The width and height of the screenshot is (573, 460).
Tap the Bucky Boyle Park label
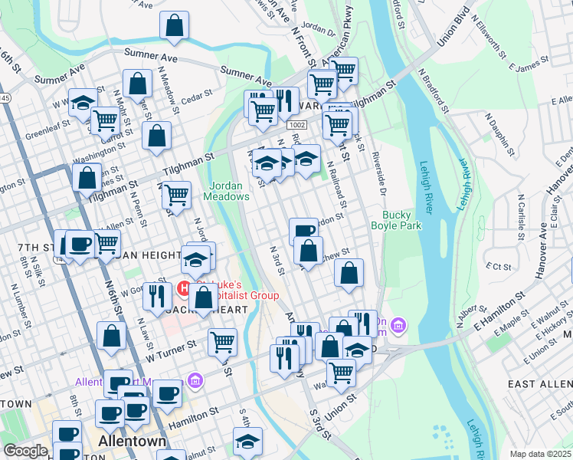pos(391,220)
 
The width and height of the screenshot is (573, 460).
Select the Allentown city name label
pos(132,442)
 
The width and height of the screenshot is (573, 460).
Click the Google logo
pos(25,451)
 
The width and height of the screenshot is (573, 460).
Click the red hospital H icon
pos(184,290)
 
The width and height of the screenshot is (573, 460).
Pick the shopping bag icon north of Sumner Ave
pos(175,25)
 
